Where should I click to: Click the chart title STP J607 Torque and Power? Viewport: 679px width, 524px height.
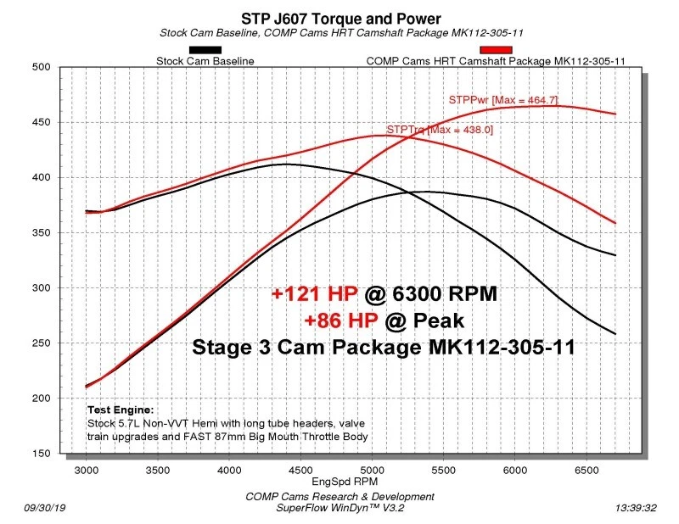point(339,18)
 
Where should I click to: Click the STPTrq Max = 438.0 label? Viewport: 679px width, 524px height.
point(439,130)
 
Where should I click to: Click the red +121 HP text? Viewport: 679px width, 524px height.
point(315,294)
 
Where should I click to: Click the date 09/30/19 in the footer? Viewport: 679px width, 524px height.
point(42,508)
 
